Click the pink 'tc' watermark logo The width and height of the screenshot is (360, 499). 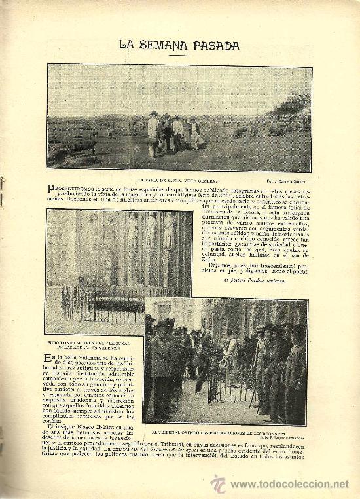pos(218,483)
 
